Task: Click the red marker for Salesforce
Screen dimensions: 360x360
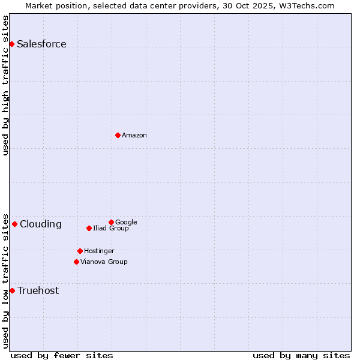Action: (11, 44)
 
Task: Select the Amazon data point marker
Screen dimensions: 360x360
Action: (118, 135)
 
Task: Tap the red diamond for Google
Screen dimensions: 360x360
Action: (111, 222)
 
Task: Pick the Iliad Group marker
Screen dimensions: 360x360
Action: (89, 228)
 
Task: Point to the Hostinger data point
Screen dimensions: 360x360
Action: (80, 251)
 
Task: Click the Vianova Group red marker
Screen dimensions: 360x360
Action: (76, 262)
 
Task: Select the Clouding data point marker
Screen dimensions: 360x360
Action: (14, 224)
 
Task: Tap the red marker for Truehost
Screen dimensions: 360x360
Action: (12, 290)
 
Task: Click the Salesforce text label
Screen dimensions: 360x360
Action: (41, 44)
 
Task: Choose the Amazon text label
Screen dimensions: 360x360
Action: (134, 135)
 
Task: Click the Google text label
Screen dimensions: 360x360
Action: (126, 222)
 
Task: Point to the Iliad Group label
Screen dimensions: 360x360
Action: (111, 228)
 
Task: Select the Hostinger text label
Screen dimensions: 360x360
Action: (99, 251)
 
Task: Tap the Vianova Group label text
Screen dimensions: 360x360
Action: (104, 262)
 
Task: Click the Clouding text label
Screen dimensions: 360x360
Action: (41, 224)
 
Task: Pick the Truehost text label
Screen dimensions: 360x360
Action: (38, 290)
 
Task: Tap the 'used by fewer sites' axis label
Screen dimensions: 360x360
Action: (62, 355)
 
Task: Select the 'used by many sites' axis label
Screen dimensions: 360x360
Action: (301, 355)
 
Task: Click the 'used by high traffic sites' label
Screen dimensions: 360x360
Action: (5, 85)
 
